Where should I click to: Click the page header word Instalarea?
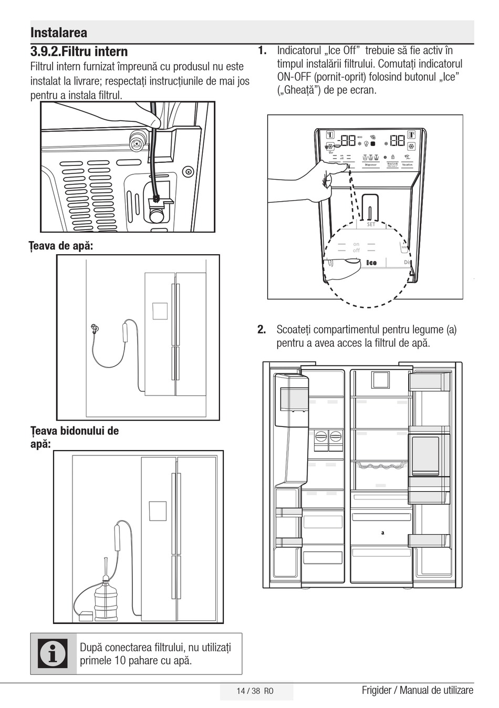(x=59, y=33)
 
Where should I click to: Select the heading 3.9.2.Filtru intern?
(x=79, y=51)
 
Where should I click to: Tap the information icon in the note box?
(x=53, y=653)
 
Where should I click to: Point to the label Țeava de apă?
(x=61, y=245)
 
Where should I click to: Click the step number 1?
(x=262, y=51)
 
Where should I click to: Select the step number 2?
(x=262, y=330)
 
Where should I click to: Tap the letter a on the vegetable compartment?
(x=383, y=533)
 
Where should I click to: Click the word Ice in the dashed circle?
(x=371, y=263)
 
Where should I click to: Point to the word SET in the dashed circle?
(x=371, y=225)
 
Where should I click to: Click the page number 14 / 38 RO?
(x=255, y=691)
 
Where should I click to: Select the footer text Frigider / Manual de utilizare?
(x=417, y=690)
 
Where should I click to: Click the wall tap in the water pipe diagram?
(x=94, y=329)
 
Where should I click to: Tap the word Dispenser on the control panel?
(x=371, y=165)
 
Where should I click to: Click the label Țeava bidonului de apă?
(x=74, y=437)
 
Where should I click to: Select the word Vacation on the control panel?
(x=408, y=165)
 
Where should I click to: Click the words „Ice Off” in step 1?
(x=342, y=51)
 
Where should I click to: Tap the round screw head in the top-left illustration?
(x=187, y=172)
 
